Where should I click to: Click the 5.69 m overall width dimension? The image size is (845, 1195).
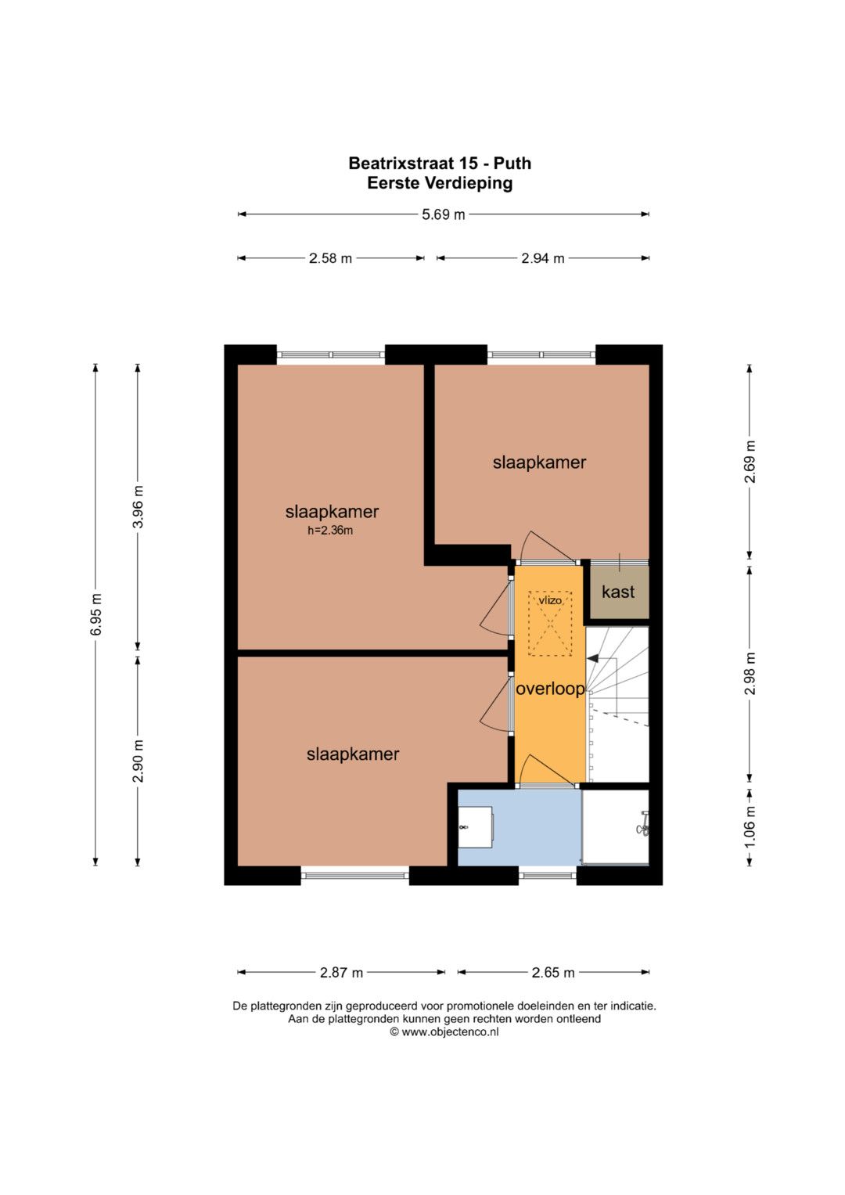pyautogui.click(x=444, y=214)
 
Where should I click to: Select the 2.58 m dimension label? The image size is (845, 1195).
pyautogui.click(x=330, y=258)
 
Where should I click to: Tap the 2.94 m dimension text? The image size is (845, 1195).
pyautogui.click(x=542, y=258)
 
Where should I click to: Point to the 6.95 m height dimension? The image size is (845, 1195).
pyautogui.click(x=96, y=614)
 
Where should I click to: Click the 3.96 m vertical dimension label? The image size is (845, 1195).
pyautogui.click(x=138, y=506)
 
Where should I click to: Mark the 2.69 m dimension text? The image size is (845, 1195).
pyautogui.click(x=750, y=461)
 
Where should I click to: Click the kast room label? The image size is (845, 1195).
pyautogui.click(x=618, y=592)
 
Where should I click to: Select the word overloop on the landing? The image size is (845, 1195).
pyautogui.click(x=551, y=689)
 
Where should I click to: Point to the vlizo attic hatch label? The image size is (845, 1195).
pyautogui.click(x=550, y=601)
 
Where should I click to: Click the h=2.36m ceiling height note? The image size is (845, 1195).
pyautogui.click(x=330, y=531)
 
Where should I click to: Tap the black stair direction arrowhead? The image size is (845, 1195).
pyautogui.click(x=592, y=659)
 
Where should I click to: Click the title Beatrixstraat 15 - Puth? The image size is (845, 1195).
pyautogui.click(x=440, y=164)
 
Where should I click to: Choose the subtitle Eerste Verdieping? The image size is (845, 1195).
pyautogui.click(x=440, y=183)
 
